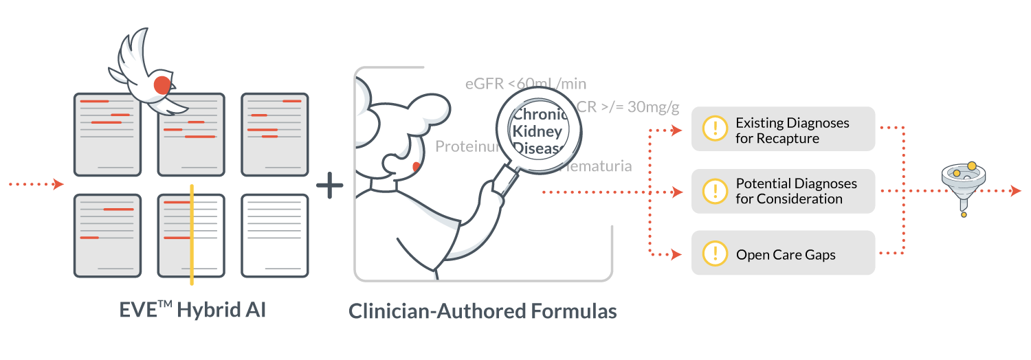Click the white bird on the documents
pos(148,72)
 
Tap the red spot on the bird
pos(162,85)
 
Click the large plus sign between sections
pos(330,185)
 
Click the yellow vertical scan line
pos(192,234)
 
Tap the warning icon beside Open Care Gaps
pos(716,254)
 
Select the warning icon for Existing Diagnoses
pos(716,128)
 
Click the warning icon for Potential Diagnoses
pos(716,191)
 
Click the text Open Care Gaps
pos(786,255)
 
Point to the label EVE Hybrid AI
pos(192,310)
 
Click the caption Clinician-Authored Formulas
pos(483,311)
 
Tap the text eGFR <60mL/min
pos(526,84)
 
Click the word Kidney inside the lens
pos(537,131)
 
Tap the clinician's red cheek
pos(416,167)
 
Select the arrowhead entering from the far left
pos(58,184)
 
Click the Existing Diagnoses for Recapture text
pos(792,131)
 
